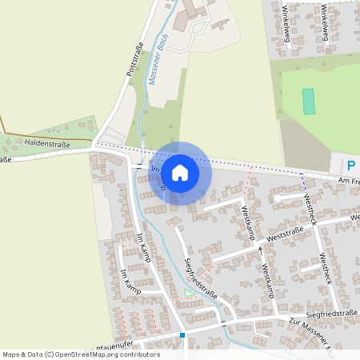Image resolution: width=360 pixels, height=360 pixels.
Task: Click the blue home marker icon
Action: pos(180,173)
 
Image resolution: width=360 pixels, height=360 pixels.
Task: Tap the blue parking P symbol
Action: pos(350,166)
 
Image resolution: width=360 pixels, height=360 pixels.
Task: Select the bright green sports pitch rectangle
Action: pos(308,102)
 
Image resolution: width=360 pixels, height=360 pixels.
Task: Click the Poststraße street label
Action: pos(134,59)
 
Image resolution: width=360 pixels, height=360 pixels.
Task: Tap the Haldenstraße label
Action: pos(47,144)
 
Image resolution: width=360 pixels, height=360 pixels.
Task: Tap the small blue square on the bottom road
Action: pos(182,335)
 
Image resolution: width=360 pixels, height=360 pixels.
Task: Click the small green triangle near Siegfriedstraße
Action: pos(189,292)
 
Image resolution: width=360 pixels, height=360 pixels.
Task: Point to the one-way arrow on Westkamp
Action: pos(260,250)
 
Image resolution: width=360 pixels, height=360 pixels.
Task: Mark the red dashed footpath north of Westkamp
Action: pos(249,175)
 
